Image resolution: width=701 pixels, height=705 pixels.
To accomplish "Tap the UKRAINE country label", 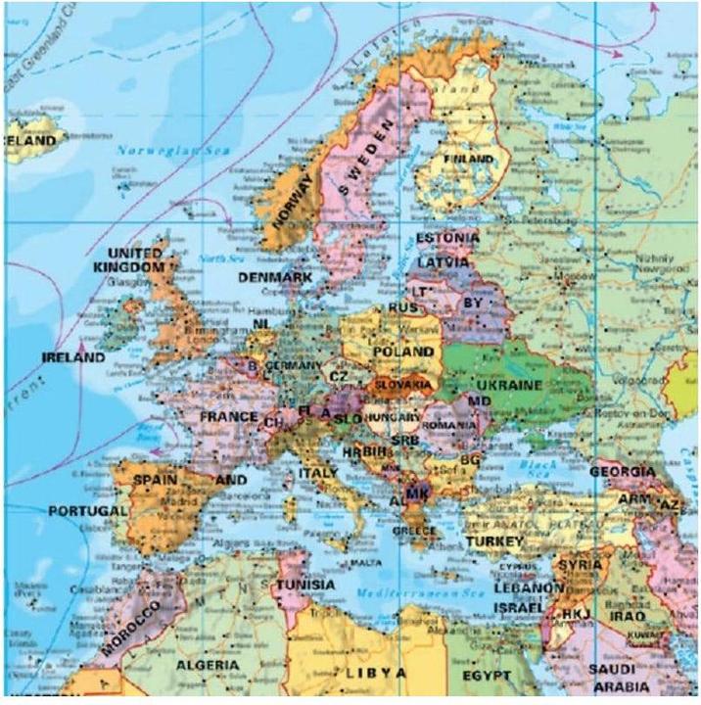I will click(506, 385).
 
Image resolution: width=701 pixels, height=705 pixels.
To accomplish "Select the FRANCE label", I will click(228, 416).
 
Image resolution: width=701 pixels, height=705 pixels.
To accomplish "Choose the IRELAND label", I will click(72, 358).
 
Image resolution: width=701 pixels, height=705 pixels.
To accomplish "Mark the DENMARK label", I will click(275, 278).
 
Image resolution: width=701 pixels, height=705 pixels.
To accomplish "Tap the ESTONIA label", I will click(447, 238).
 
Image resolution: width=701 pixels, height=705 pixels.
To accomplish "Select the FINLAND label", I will click(468, 159).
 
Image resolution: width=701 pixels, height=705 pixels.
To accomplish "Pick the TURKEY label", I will click(495, 540).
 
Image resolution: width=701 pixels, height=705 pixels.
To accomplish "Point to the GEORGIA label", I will click(622, 472).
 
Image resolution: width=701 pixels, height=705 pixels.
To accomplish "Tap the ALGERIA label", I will click(207, 665).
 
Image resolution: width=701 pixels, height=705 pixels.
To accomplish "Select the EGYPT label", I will click(487, 677).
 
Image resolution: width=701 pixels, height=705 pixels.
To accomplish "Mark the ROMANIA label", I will click(449, 427).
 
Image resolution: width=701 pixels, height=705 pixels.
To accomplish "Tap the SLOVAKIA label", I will click(402, 385).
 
